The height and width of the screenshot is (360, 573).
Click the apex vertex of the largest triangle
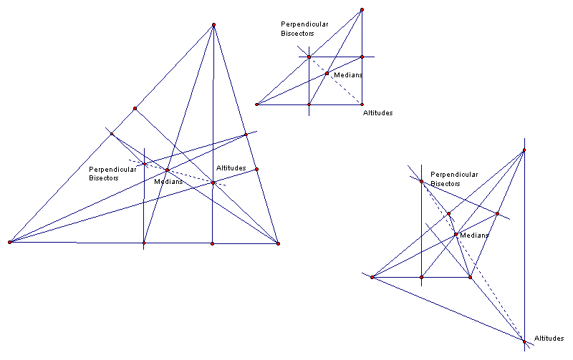click(213, 25)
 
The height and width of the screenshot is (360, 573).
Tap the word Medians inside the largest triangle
click(168, 181)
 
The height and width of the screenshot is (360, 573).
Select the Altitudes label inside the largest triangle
click(231, 168)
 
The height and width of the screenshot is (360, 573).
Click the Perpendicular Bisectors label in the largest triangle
click(112, 173)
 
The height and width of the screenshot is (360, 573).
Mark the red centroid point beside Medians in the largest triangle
click(167, 170)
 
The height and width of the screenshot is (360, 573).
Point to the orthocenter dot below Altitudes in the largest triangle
click(213, 183)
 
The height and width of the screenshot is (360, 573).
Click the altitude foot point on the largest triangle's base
click(213, 243)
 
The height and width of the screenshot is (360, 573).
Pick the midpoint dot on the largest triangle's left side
click(135, 109)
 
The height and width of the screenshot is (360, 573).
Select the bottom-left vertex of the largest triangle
click(9, 243)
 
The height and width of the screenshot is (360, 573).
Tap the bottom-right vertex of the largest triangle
click(278, 243)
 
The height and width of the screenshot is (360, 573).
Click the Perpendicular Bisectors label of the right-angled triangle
click(304, 28)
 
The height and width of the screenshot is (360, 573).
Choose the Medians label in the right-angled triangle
click(348, 75)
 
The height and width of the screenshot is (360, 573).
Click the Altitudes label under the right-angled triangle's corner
click(377, 113)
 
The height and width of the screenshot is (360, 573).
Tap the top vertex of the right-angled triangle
click(362, 10)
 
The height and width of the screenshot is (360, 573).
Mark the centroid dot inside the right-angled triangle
click(327, 73)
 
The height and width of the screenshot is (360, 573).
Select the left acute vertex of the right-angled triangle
click(256, 104)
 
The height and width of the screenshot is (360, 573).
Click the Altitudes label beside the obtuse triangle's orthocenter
click(549, 338)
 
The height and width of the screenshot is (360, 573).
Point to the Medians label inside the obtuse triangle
click(474, 235)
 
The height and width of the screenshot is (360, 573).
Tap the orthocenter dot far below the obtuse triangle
click(524, 341)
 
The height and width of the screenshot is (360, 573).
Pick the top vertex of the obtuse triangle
click(524, 150)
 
